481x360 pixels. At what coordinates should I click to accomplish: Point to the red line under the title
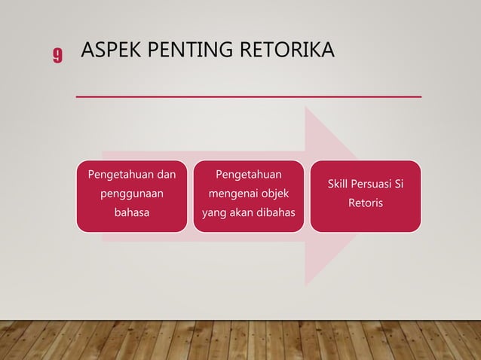(x=249, y=97)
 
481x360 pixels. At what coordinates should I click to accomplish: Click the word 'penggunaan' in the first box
(x=132, y=194)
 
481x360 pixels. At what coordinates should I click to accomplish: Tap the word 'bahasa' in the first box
(x=132, y=212)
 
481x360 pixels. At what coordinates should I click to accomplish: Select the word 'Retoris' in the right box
(x=366, y=203)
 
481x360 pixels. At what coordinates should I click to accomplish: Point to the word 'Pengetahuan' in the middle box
(x=249, y=175)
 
